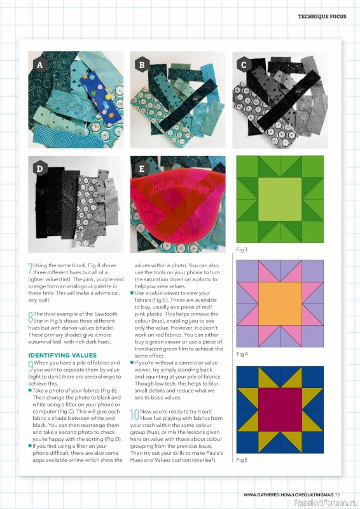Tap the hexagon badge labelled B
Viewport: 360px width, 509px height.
[x=142, y=65]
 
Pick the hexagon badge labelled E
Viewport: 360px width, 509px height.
[x=142, y=169]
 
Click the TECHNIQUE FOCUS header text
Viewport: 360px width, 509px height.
[x=322, y=16]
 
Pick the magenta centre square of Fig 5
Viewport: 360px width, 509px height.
[x=279, y=408]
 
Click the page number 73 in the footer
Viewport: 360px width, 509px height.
[x=338, y=494]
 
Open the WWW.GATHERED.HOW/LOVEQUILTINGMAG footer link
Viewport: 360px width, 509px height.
[x=288, y=494]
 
